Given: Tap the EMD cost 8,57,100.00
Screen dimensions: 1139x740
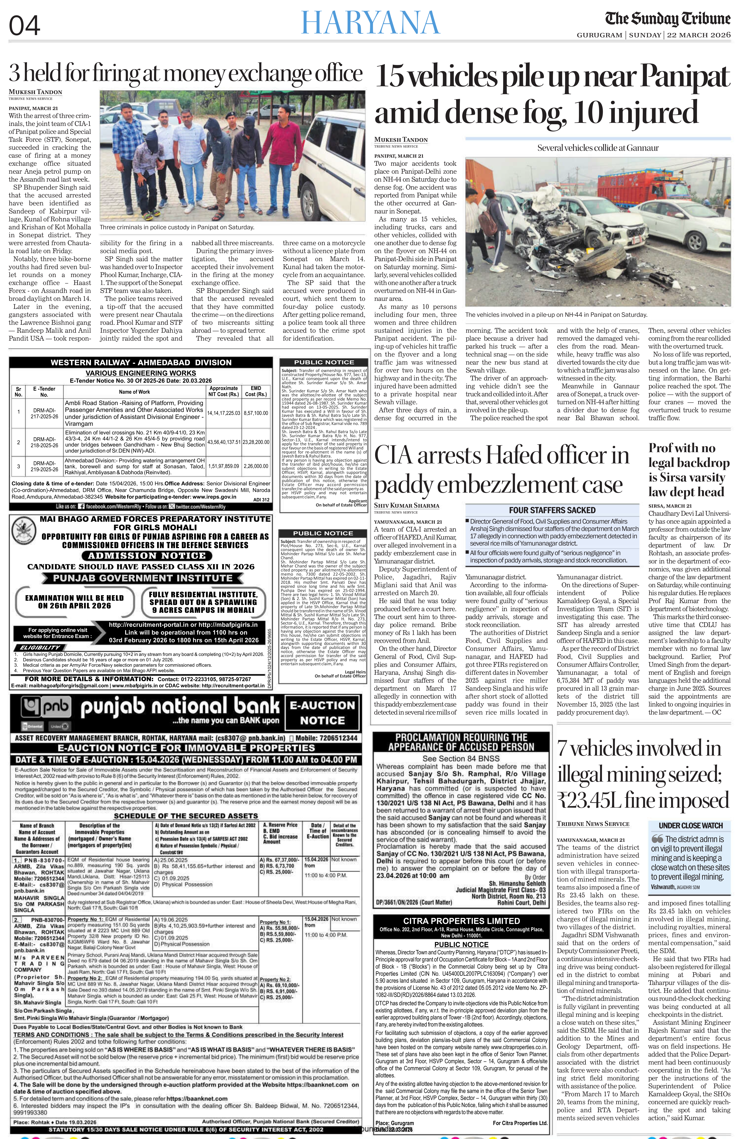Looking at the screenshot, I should [x=256, y=412].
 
